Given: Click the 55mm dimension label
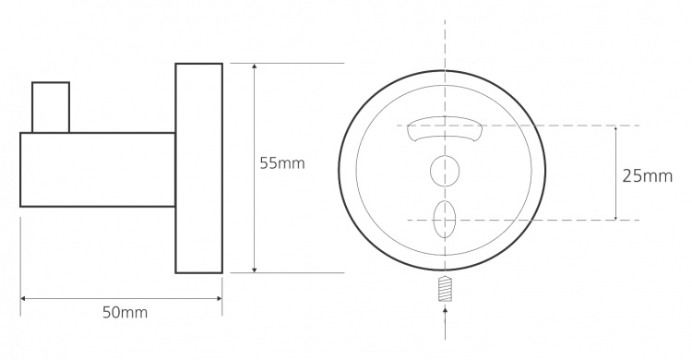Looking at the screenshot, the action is [282, 163].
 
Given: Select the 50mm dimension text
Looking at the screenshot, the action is [125, 313].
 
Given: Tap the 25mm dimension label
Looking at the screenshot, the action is [648, 176].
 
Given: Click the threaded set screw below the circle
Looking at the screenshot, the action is [445, 288].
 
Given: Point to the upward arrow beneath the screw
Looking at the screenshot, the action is [445, 323].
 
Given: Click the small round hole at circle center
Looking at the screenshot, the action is [445, 171].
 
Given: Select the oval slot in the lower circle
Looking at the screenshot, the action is [445, 220].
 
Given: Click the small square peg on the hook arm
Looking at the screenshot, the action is [51, 107].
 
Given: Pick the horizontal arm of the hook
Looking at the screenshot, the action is [98, 170].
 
